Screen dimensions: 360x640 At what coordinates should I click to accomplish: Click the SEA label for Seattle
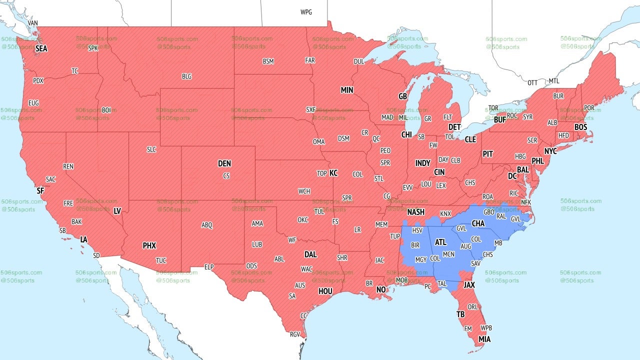[x=41, y=49]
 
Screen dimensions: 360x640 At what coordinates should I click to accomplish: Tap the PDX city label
[x=38, y=80]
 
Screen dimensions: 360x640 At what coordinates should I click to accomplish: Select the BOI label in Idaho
[x=106, y=110]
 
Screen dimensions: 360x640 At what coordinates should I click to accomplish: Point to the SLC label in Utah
[x=151, y=149]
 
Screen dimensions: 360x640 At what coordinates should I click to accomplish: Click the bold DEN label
[x=224, y=163]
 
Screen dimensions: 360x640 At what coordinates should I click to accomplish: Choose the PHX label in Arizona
[x=149, y=245]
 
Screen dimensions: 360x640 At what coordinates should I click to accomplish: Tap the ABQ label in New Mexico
[x=207, y=225]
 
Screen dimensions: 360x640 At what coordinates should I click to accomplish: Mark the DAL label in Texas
[x=310, y=254]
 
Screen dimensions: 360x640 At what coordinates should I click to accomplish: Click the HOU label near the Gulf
[x=325, y=291]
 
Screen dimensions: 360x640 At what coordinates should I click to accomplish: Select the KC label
[x=333, y=173]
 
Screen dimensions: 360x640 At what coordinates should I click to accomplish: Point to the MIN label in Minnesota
[x=346, y=90]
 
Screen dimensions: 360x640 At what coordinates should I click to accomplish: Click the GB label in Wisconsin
[x=402, y=96]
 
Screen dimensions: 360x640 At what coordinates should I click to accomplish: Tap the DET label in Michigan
[x=454, y=127]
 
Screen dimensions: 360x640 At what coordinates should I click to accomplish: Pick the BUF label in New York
[x=499, y=119]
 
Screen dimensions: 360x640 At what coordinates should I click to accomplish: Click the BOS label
[x=580, y=127]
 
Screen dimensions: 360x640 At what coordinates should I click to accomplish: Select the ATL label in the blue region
[x=440, y=242]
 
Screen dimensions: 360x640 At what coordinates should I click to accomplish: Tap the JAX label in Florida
[x=469, y=285]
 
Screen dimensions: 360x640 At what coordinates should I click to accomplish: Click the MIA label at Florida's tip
[x=484, y=339]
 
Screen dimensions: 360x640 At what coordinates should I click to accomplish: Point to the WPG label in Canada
[x=306, y=12]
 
